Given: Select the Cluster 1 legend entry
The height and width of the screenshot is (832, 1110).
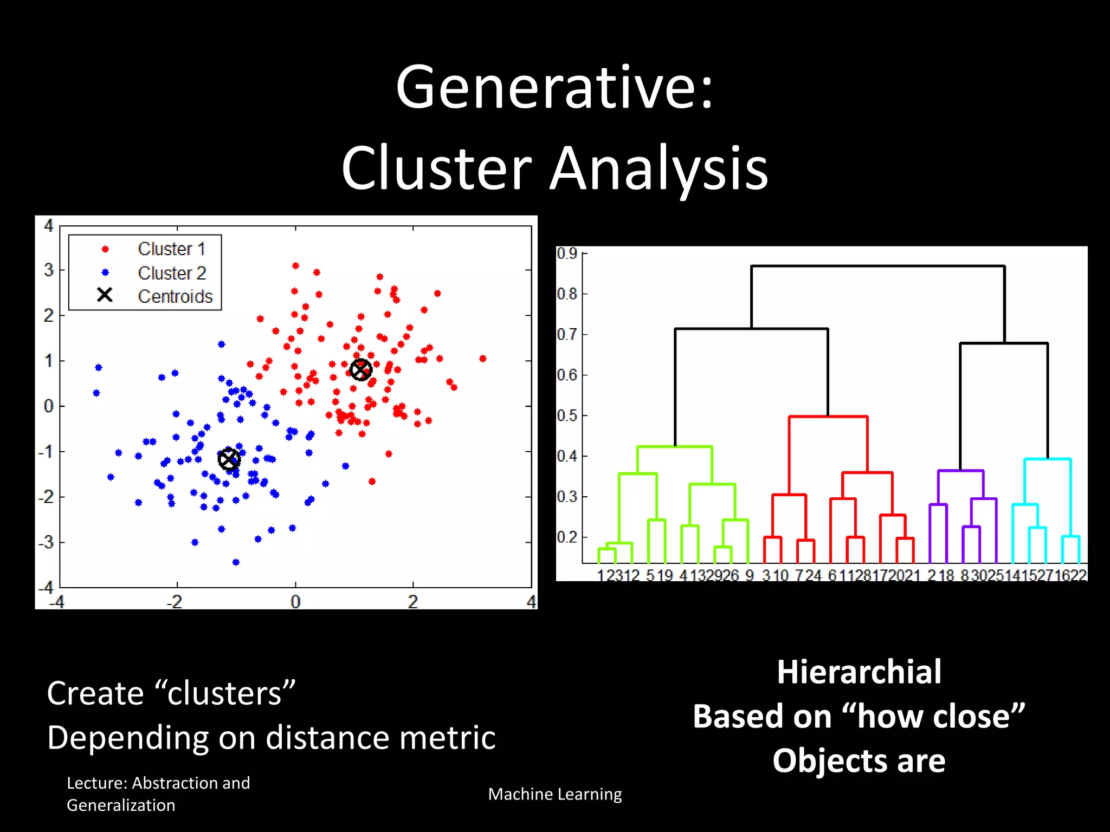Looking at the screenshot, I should tap(171, 249).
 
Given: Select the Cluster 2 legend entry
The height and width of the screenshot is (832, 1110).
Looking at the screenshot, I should tap(172, 273).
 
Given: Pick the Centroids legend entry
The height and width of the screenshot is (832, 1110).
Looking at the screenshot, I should tap(175, 297).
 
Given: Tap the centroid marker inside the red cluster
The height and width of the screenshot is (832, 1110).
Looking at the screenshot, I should tap(361, 370).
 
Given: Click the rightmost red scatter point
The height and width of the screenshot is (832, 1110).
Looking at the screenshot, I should tap(483, 359).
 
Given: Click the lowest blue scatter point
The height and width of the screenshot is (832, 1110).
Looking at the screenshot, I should tap(236, 562).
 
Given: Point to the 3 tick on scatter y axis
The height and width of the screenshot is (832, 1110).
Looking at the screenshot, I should tap(49, 270).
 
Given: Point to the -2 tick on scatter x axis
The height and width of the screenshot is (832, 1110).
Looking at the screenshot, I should tap(175, 602).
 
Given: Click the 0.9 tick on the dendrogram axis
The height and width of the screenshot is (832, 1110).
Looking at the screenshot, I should tap(567, 253).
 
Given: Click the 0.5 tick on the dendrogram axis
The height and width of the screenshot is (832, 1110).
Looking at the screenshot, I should tap(567, 416).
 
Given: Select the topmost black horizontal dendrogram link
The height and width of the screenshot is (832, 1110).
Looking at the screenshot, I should tap(878, 266).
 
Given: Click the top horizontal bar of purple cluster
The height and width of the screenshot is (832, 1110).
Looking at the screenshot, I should tap(960, 471).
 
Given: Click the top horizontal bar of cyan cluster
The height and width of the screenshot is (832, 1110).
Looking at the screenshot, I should tap(1047, 459).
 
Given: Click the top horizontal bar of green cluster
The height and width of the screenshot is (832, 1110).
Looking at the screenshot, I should tap(674, 447).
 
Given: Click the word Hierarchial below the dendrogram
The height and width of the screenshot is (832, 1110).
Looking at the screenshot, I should tap(859, 672).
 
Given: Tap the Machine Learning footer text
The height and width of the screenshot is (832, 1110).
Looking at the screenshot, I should tap(554, 794).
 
